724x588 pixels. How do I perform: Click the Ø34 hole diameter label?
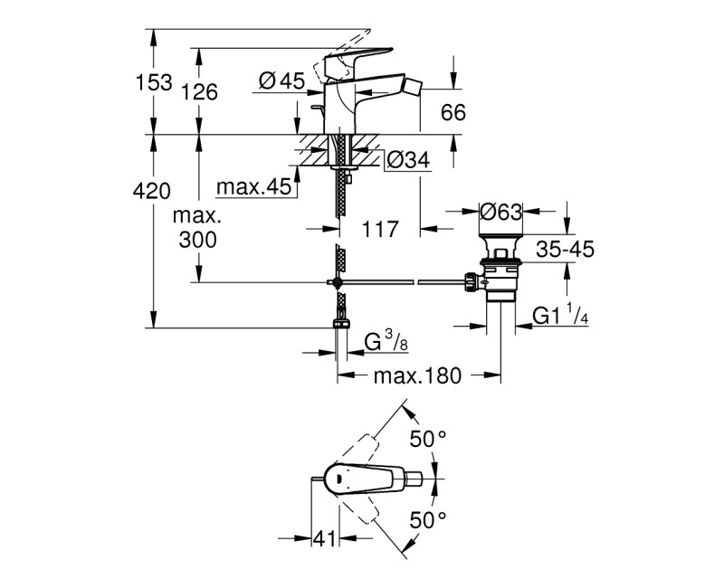click(x=406, y=160)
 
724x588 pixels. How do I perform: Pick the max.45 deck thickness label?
click(x=252, y=187)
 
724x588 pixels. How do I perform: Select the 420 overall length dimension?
click(x=151, y=191)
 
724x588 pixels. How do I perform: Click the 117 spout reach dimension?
click(x=380, y=230)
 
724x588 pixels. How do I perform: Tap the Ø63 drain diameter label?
click(x=500, y=213)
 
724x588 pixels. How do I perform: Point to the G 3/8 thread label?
click(x=384, y=344)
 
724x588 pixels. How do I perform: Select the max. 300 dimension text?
click(x=198, y=229)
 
